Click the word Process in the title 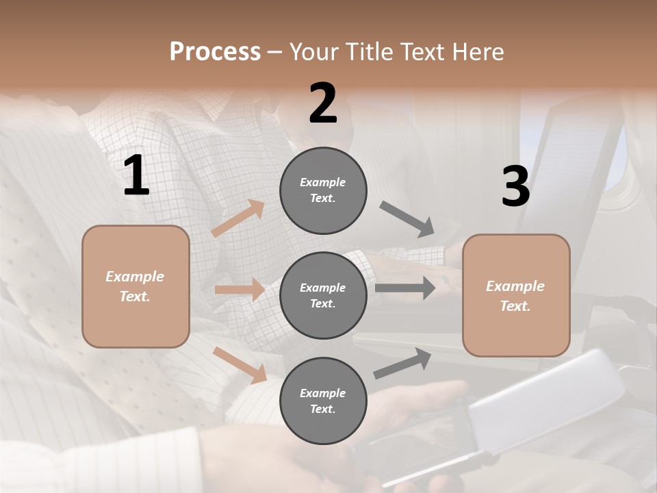tap(215, 52)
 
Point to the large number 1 tap(136, 176)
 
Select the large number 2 tap(323, 103)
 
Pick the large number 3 tap(515, 187)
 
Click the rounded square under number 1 tap(136, 286)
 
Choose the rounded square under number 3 tap(516, 296)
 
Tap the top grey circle tap(323, 190)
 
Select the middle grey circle tap(323, 296)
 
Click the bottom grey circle tap(323, 401)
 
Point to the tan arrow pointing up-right tap(238, 218)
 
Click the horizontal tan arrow tap(240, 290)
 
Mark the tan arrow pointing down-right tap(240, 364)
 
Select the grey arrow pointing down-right tap(407, 219)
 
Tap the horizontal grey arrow tap(405, 288)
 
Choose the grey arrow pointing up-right tap(402, 364)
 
